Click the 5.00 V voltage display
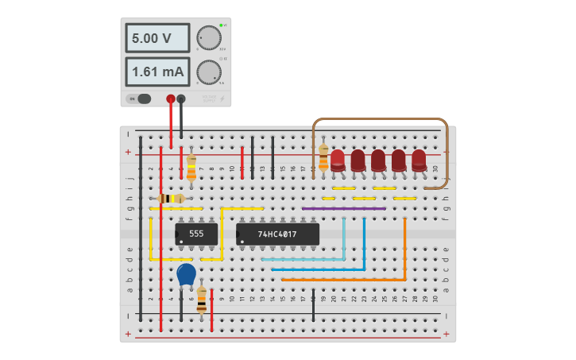tap(157, 38)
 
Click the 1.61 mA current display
tap(157, 72)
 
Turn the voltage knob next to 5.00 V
tap(208, 37)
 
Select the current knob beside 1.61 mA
tap(208, 72)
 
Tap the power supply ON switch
tap(143, 99)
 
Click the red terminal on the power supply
tap(170, 99)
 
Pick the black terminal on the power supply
tap(181, 99)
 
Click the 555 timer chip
tap(196, 234)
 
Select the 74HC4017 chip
tap(277, 234)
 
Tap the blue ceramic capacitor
tap(186, 275)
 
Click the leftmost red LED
tap(338, 159)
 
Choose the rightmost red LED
tap(419, 159)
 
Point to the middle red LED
tap(378, 159)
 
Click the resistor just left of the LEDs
tap(323, 158)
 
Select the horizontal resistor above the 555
tap(171, 199)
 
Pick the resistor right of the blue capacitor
tap(202, 300)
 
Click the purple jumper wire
tap(343, 208)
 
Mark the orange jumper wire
tap(404, 254)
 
